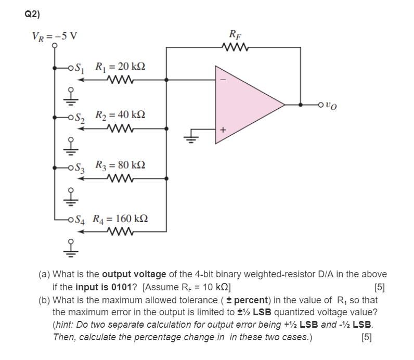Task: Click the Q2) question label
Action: (x=32, y=15)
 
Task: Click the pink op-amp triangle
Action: (x=244, y=104)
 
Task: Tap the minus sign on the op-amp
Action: (x=224, y=81)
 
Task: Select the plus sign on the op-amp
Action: (x=224, y=130)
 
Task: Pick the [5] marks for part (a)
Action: (x=379, y=287)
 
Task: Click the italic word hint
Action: (x=66, y=325)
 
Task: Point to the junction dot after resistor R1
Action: (x=166, y=80)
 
